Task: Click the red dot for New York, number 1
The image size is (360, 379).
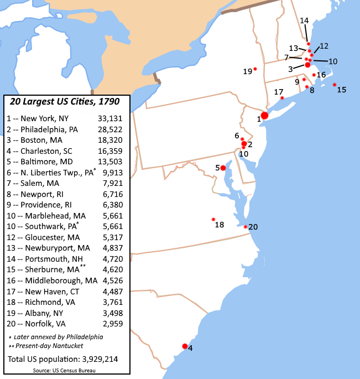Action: (264, 116)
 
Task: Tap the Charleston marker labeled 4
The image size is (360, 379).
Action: (185, 346)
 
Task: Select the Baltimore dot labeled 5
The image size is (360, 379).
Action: (223, 168)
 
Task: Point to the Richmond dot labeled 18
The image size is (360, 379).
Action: (213, 219)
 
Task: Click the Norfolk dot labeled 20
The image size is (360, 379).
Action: (246, 226)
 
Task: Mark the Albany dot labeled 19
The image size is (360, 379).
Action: (255, 69)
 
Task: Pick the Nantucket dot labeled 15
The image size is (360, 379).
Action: (335, 85)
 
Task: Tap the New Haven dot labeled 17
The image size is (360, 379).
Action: (282, 98)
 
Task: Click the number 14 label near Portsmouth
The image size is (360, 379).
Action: (304, 20)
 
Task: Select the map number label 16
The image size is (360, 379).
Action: (321, 75)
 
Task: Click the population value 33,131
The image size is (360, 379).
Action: (110, 118)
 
